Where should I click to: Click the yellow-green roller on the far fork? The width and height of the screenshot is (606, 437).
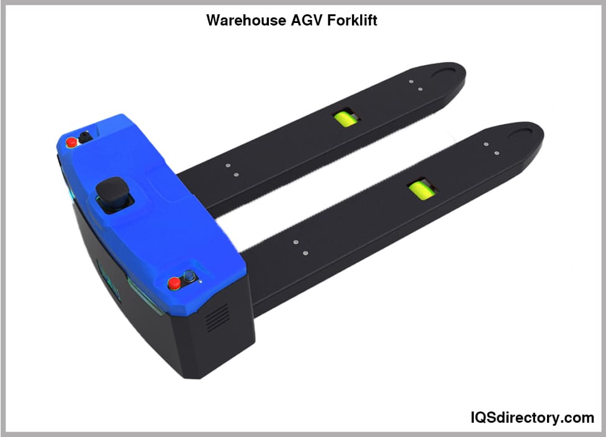[343, 118]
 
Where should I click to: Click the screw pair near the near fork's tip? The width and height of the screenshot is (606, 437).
[491, 149]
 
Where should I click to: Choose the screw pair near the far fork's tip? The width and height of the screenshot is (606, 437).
[415, 85]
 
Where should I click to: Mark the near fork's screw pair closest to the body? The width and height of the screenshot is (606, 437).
[301, 247]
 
